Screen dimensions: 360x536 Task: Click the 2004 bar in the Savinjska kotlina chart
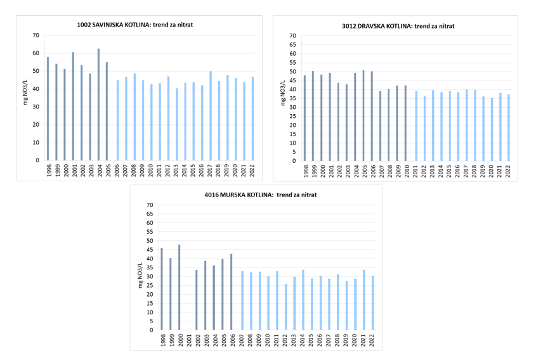[x=98, y=105]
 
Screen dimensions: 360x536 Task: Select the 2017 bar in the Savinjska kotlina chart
[x=211, y=116]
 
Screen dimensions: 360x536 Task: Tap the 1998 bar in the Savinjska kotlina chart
[x=48, y=108]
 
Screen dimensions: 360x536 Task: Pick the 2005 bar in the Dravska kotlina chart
[x=363, y=115]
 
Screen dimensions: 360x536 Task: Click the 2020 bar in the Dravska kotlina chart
[x=492, y=129]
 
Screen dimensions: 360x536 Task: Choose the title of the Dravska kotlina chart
[x=398, y=26]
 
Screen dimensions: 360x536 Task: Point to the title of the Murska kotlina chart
[x=257, y=195]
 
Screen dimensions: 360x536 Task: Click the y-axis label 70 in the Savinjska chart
[x=36, y=35]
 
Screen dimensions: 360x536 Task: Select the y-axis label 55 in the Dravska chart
[x=292, y=63]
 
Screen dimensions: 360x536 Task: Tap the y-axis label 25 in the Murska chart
[x=150, y=285]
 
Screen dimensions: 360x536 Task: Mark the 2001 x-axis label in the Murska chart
[x=188, y=340]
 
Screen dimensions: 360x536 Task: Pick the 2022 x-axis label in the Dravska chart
[x=508, y=172]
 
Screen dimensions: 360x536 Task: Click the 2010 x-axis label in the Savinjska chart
[x=151, y=172]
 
